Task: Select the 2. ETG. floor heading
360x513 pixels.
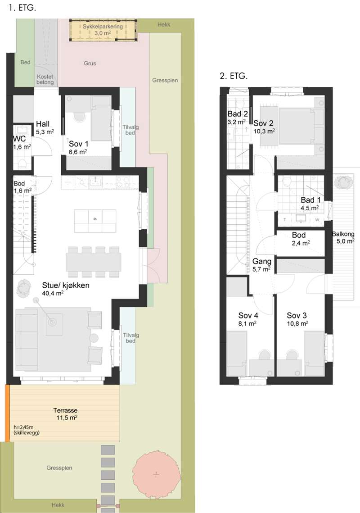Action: [x=234, y=76]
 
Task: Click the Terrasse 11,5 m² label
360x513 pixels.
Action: [x=65, y=414]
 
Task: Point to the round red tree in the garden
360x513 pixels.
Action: [x=156, y=474]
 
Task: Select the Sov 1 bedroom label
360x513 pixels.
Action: [x=78, y=147]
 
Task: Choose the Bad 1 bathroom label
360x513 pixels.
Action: [x=310, y=204]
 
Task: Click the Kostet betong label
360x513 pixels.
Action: [x=45, y=79]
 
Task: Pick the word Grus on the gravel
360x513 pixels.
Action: [x=90, y=63]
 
